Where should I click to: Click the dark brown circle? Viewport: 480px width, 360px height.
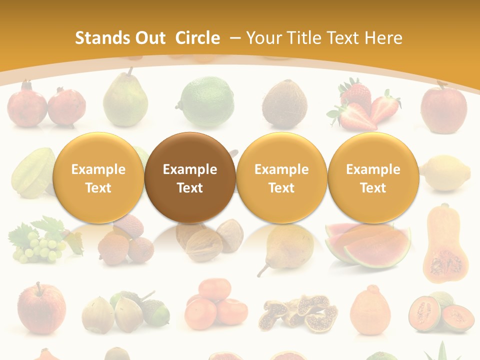[x=189, y=177]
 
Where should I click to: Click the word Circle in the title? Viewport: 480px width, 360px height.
[x=197, y=38]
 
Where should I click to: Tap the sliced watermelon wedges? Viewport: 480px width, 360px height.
[x=367, y=245]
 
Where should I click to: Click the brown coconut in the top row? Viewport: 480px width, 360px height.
[x=284, y=103]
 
